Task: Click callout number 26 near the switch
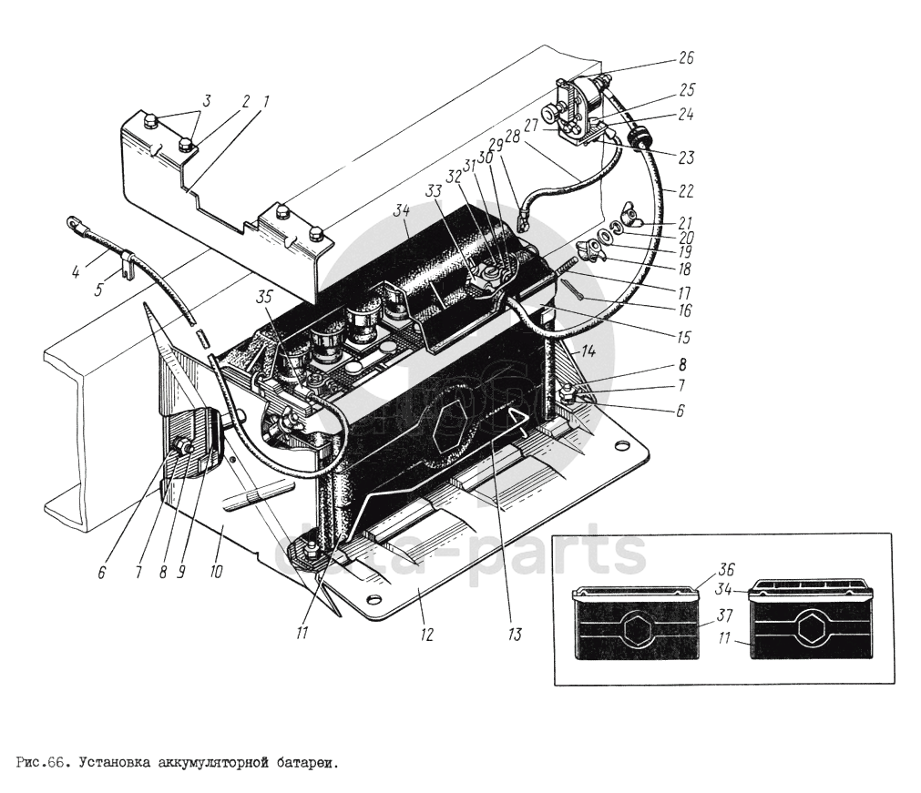point(685,58)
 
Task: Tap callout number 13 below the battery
point(517,634)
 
